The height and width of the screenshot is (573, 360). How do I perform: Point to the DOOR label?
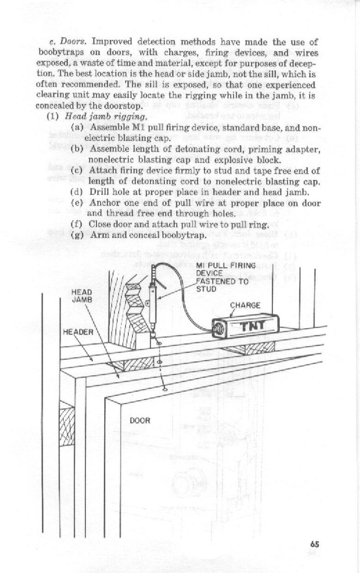tap(140, 421)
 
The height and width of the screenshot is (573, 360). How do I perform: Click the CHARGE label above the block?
tap(245, 305)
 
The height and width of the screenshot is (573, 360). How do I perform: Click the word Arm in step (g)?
tap(97, 235)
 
